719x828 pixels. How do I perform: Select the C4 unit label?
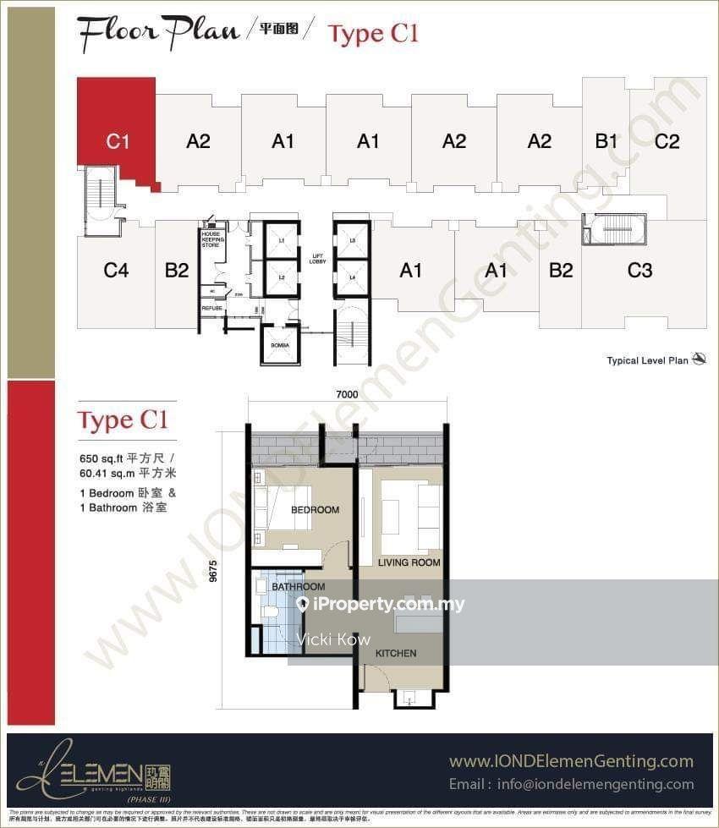116,271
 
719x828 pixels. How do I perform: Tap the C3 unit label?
639,271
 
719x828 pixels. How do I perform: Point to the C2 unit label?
667,141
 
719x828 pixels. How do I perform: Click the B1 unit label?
606,141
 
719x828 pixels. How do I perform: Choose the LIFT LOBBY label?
318,259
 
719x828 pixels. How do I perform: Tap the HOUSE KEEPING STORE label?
211,239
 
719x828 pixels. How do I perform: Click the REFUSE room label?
211,309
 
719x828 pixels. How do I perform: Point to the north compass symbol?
699,359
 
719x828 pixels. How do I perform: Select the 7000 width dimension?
347,394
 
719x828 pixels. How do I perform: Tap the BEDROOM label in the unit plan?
315,510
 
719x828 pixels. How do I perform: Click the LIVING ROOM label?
409,562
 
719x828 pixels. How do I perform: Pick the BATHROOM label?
298,587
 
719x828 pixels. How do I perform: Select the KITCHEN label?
396,653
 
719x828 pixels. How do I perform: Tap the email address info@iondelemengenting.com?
572,784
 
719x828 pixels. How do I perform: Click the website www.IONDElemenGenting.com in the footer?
571,761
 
